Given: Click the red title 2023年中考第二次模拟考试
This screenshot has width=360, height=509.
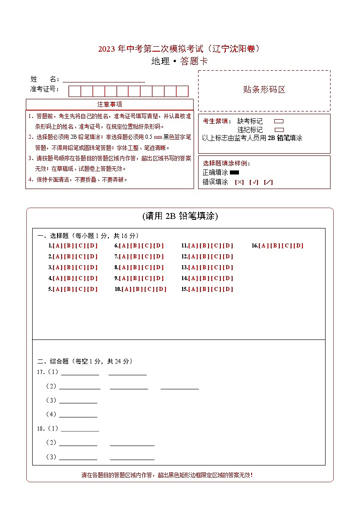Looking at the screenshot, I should tap(180, 49).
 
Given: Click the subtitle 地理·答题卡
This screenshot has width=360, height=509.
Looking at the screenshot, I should tap(180, 62).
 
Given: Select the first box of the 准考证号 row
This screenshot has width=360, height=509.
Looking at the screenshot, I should tap(74, 91).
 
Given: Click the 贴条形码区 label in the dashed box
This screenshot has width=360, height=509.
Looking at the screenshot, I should tap(264, 90).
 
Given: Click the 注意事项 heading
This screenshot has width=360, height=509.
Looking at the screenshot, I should tap(109, 105).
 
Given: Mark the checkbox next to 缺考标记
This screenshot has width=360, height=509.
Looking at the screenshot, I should tap(279, 121).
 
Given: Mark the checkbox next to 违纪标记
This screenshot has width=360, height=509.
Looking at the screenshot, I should tap(279, 130).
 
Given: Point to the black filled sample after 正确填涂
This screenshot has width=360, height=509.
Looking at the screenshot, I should tap(234, 173).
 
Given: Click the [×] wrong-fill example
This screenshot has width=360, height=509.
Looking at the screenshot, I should tap(239, 182).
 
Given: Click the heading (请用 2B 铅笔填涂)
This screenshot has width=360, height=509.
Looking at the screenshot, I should tap(180, 216).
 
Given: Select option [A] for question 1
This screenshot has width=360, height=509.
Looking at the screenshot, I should tap(57, 246).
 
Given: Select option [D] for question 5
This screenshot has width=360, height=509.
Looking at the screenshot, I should tap(92, 289).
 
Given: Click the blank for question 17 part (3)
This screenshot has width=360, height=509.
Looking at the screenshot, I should tap(78, 400).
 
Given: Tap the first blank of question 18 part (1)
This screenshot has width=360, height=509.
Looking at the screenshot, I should tap(80, 428).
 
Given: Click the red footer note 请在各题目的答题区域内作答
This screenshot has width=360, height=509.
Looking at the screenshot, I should tap(167, 475).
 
